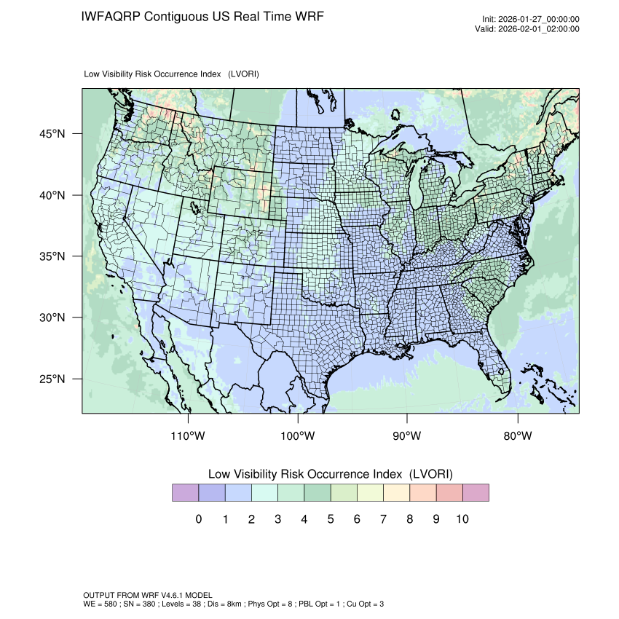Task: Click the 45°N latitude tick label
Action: tap(52, 134)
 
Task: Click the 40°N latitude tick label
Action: tap(52, 195)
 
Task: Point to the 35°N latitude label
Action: tap(52, 256)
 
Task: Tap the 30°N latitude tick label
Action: tap(52, 318)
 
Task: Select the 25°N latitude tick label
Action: tap(52, 379)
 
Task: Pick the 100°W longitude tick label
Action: tap(298, 436)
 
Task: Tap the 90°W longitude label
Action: tap(407, 436)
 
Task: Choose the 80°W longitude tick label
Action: tap(517, 436)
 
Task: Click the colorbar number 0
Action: tap(198, 519)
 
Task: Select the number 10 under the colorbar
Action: tap(462, 519)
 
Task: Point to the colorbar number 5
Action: tap(330, 519)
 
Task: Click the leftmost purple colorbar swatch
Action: tap(185, 493)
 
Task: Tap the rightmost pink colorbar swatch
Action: tap(476, 493)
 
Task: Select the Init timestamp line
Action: tap(531, 19)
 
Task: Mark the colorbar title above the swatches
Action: tap(330, 473)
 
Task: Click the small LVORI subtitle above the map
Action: tap(172, 74)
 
